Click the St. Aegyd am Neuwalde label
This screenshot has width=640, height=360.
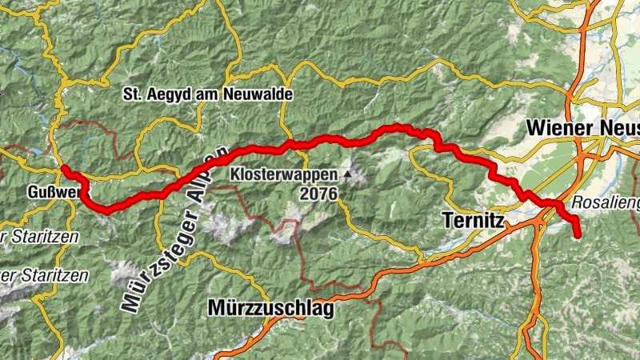click(208, 94)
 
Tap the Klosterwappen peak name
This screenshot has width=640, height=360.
click(284, 173)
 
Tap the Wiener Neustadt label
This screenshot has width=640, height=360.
click(582, 128)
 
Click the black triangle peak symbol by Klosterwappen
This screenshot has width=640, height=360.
click(348, 173)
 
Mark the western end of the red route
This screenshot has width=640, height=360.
click(63, 168)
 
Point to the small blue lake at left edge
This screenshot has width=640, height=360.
click(36, 150)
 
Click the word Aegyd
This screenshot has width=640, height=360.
click(168, 94)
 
